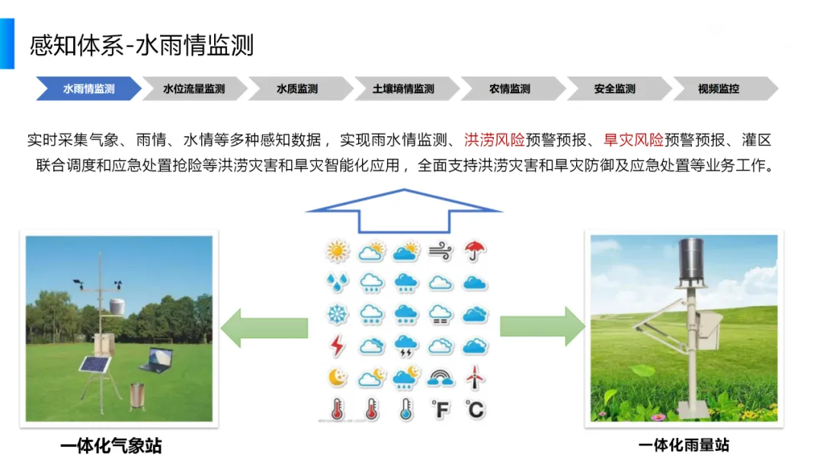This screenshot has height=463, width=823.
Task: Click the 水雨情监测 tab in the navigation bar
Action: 88,88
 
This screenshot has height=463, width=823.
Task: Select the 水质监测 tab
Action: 297,88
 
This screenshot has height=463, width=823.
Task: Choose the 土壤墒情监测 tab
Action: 403,88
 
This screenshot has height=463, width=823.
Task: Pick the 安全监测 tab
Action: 614,88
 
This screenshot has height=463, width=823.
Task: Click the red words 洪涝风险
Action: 495,140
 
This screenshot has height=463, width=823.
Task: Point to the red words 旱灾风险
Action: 633,140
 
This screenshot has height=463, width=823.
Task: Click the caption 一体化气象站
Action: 111,445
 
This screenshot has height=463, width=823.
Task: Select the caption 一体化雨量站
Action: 684,445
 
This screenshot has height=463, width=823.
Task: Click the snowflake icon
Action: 336,314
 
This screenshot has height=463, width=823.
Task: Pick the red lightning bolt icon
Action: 336,346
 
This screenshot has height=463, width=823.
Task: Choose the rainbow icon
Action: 440,377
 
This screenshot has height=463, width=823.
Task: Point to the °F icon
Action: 440,410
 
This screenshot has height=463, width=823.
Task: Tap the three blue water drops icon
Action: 336,283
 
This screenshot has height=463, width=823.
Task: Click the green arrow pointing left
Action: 264,327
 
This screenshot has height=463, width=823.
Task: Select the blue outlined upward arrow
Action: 403,209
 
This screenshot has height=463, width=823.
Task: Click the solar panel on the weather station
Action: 95,365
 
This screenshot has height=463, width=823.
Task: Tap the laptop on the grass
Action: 158,359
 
